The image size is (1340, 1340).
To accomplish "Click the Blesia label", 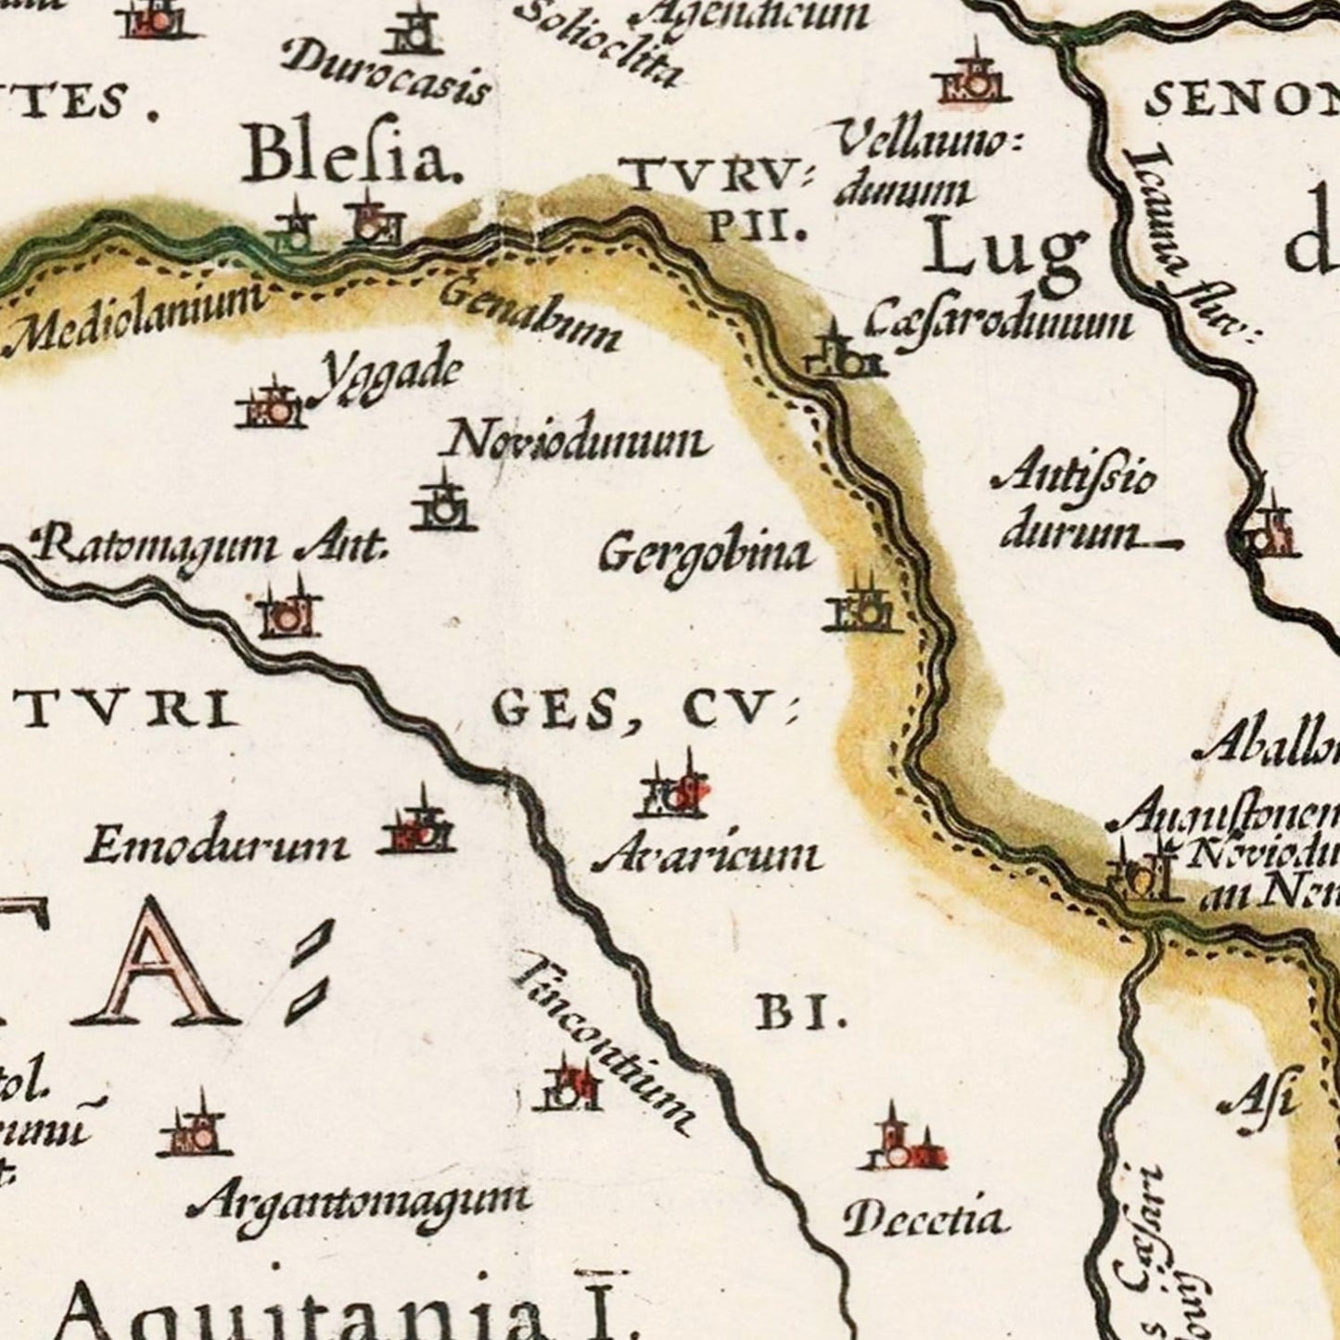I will click(x=352, y=158).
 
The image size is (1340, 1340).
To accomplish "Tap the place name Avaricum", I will click(x=707, y=856).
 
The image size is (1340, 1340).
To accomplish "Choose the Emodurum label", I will click(x=218, y=845).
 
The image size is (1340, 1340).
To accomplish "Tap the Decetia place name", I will click(x=924, y=1219).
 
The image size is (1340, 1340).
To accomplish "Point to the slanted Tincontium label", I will click(x=604, y=1040).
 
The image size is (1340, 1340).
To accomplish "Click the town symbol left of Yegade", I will click(x=270, y=404).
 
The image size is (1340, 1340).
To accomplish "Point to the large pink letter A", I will click(x=148, y=964).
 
